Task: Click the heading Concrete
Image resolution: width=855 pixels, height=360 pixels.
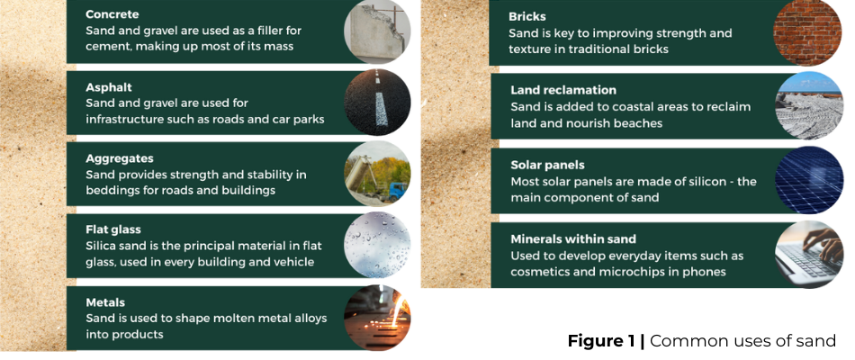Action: [112, 14]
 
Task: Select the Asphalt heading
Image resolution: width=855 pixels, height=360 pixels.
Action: [109, 87]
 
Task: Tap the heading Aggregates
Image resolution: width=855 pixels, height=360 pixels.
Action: [120, 158]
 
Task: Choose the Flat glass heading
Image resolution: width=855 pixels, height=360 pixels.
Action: [112, 229]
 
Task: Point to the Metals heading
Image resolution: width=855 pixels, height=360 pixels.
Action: [105, 302]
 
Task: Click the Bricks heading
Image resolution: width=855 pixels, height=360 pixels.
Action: [527, 17]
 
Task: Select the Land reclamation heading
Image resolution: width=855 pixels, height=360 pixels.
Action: [563, 90]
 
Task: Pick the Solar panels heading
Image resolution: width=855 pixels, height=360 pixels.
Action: [547, 165]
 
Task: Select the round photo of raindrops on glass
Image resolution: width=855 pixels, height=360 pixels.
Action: [377, 245]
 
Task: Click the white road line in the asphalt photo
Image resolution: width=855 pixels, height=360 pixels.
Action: [381, 102]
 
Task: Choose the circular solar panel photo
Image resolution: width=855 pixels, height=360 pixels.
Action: [809, 180]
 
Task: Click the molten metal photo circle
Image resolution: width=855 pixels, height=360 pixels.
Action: [377, 318]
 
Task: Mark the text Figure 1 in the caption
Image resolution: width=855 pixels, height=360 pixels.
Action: [601, 341]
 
